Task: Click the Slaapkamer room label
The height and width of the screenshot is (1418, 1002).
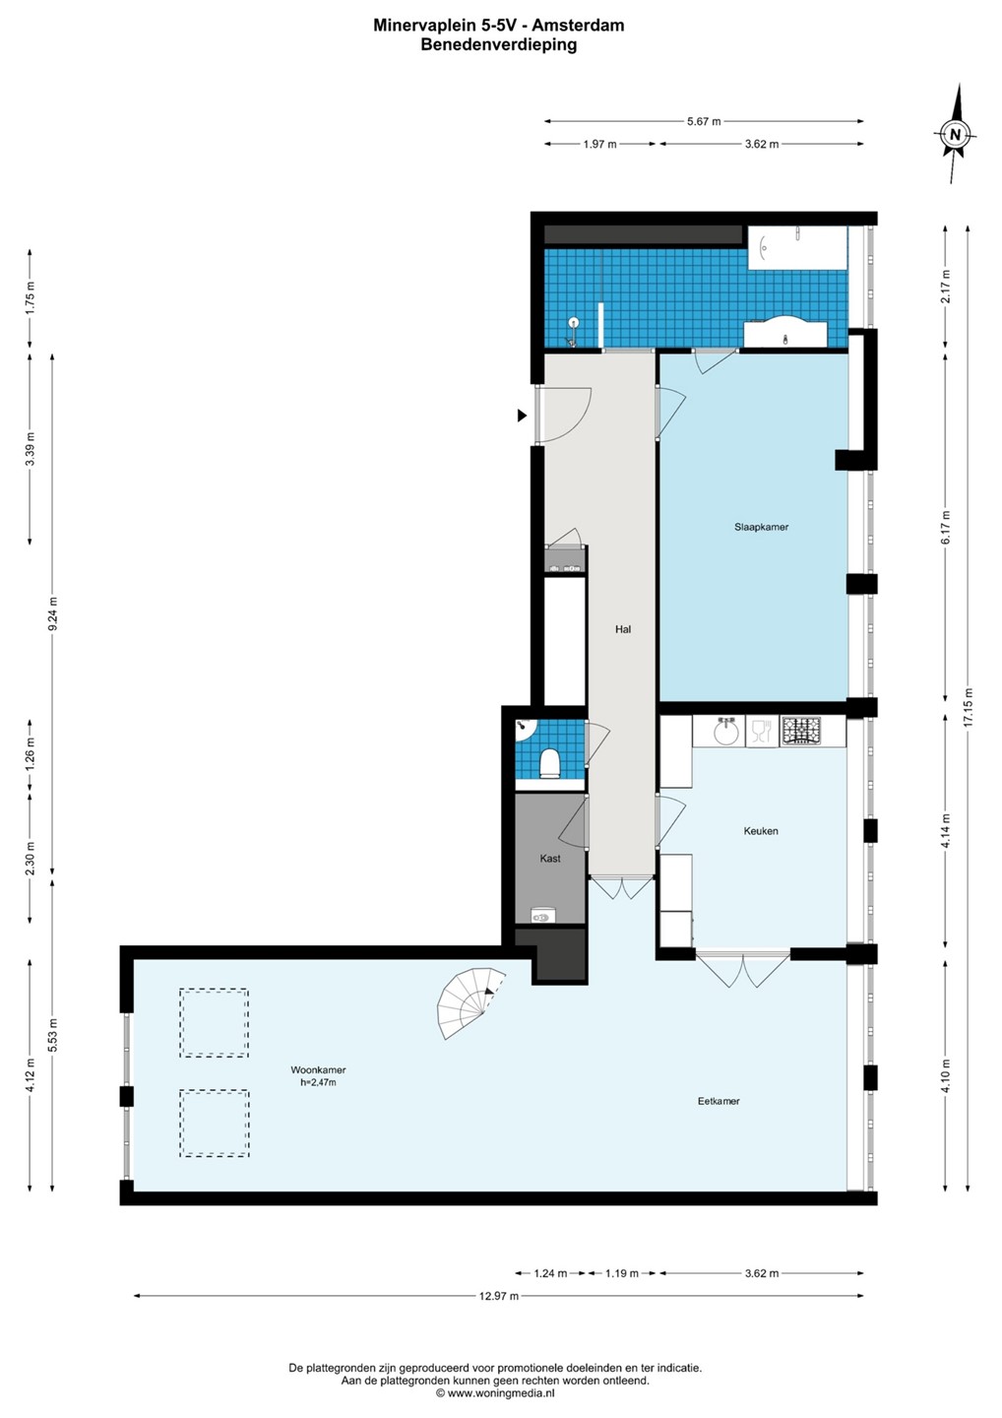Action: click(761, 527)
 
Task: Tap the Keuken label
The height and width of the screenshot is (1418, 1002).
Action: click(760, 830)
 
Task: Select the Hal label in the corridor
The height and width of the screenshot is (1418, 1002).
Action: click(623, 629)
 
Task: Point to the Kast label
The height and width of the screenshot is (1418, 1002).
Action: click(549, 859)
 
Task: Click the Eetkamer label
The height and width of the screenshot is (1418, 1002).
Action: click(719, 1101)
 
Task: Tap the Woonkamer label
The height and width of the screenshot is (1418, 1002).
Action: click(318, 1069)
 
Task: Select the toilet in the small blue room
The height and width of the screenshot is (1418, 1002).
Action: click(549, 763)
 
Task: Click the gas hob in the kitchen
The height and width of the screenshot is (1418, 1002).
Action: click(800, 731)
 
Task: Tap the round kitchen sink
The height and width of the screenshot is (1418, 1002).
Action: click(725, 733)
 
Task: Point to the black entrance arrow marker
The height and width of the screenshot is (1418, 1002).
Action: click(522, 416)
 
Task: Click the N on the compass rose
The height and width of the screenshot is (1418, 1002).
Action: click(955, 134)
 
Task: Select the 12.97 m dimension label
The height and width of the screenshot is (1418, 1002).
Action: click(498, 1296)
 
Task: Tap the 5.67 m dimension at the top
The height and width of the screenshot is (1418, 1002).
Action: click(704, 121)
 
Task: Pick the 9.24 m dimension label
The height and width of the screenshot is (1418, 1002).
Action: click(53, 612)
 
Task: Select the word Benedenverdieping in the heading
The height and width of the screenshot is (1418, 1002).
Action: click(499, 45)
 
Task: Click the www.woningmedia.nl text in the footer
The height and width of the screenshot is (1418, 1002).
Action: click(500, 1392)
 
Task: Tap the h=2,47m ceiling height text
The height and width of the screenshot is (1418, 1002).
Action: click(318, 1082)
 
